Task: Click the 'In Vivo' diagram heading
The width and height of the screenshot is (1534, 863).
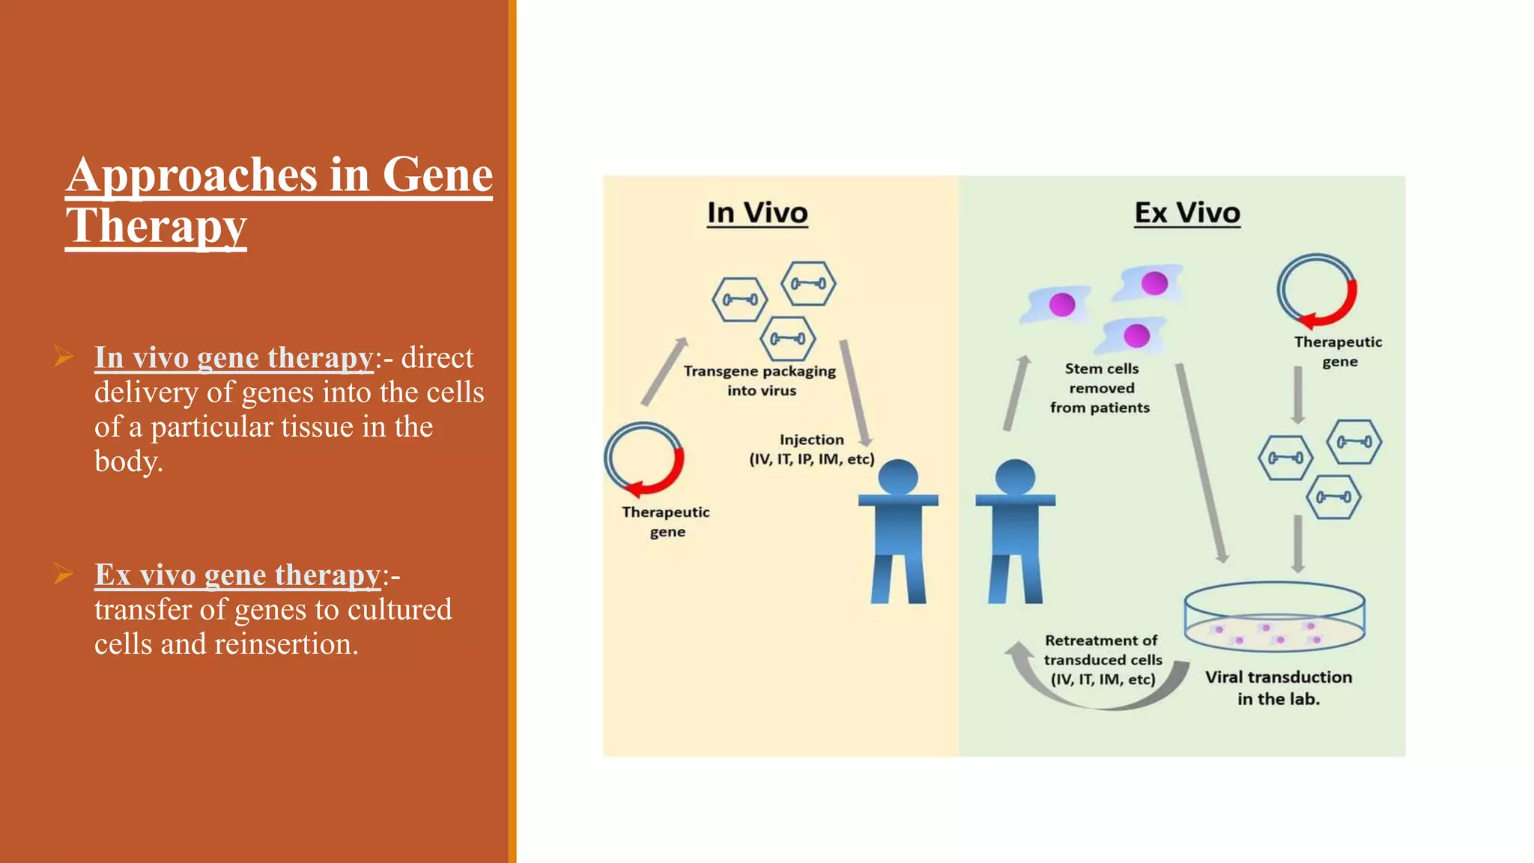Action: click(x=757, y=213)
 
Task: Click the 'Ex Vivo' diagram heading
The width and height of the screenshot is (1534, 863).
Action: click(x=1186, y=213)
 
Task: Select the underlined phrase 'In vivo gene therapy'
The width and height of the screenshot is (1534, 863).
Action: click(x=234, y=358)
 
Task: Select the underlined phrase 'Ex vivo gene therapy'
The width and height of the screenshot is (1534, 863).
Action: click(x=237, y=575)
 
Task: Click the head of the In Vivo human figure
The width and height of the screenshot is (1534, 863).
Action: click(x=898, y=476)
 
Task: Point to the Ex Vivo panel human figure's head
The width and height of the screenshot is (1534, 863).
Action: click(x=1015, y=476)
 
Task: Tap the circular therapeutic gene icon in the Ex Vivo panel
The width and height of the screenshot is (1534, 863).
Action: click(x=1317, y=291)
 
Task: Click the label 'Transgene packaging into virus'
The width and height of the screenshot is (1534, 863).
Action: click(x=760, y=381)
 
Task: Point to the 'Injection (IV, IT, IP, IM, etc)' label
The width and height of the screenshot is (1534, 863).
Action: click(x=811, y=449)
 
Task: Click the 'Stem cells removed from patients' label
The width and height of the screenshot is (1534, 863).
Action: click(x=1100, y=388)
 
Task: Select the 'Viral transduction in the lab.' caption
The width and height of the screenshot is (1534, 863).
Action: click(x=1278, y=688)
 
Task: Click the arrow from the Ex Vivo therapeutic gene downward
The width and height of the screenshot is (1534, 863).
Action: click(x=1298, y=394)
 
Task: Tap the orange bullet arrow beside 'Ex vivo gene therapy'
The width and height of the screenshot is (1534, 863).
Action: click(x=64, y=575)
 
